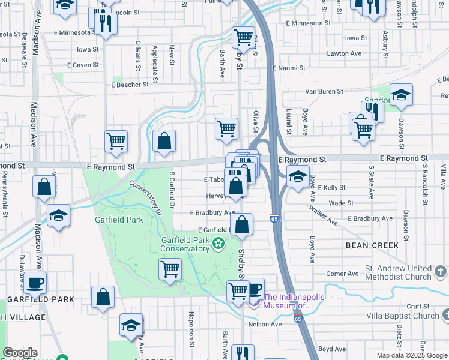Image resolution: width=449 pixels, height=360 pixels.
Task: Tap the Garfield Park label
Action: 119,220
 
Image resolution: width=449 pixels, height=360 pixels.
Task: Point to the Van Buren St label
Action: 324,91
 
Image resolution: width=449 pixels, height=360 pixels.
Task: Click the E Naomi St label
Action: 289,68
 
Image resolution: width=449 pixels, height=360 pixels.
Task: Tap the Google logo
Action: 20,353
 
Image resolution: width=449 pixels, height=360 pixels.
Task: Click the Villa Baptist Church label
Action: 403,316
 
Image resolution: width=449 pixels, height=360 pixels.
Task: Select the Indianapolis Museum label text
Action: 288,301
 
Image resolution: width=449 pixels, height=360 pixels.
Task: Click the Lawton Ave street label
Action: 344,53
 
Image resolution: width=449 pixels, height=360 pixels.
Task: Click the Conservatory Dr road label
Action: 145,199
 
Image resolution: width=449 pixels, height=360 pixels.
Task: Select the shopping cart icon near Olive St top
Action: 243,38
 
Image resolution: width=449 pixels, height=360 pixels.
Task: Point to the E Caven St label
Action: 83,64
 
